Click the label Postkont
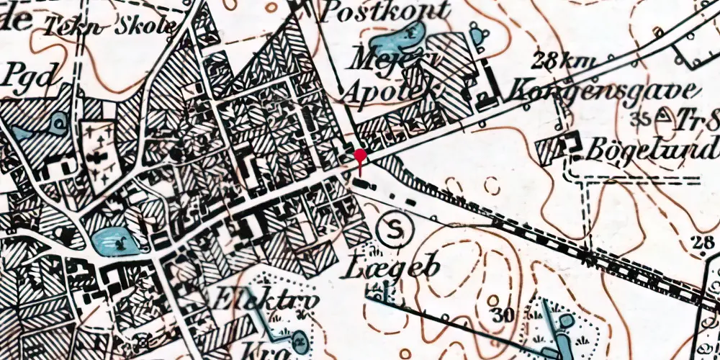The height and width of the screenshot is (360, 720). (x=386, y=11)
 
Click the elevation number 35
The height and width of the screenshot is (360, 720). (x=636, y=117)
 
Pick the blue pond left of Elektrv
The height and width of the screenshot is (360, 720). (x=114, y=243)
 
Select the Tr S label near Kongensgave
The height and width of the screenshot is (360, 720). (x=697, y=120)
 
